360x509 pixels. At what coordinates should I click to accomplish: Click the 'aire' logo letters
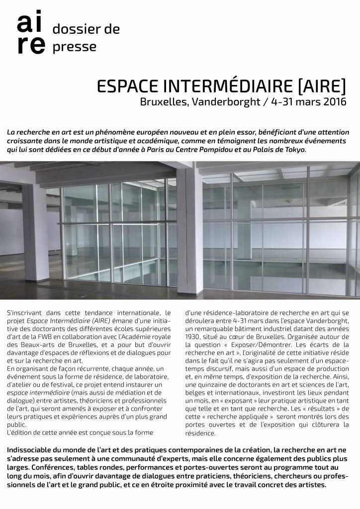coord(30,34)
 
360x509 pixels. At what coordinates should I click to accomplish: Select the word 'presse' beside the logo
coord(75,47)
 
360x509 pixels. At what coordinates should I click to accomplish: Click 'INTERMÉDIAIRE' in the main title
coord(225,86)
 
